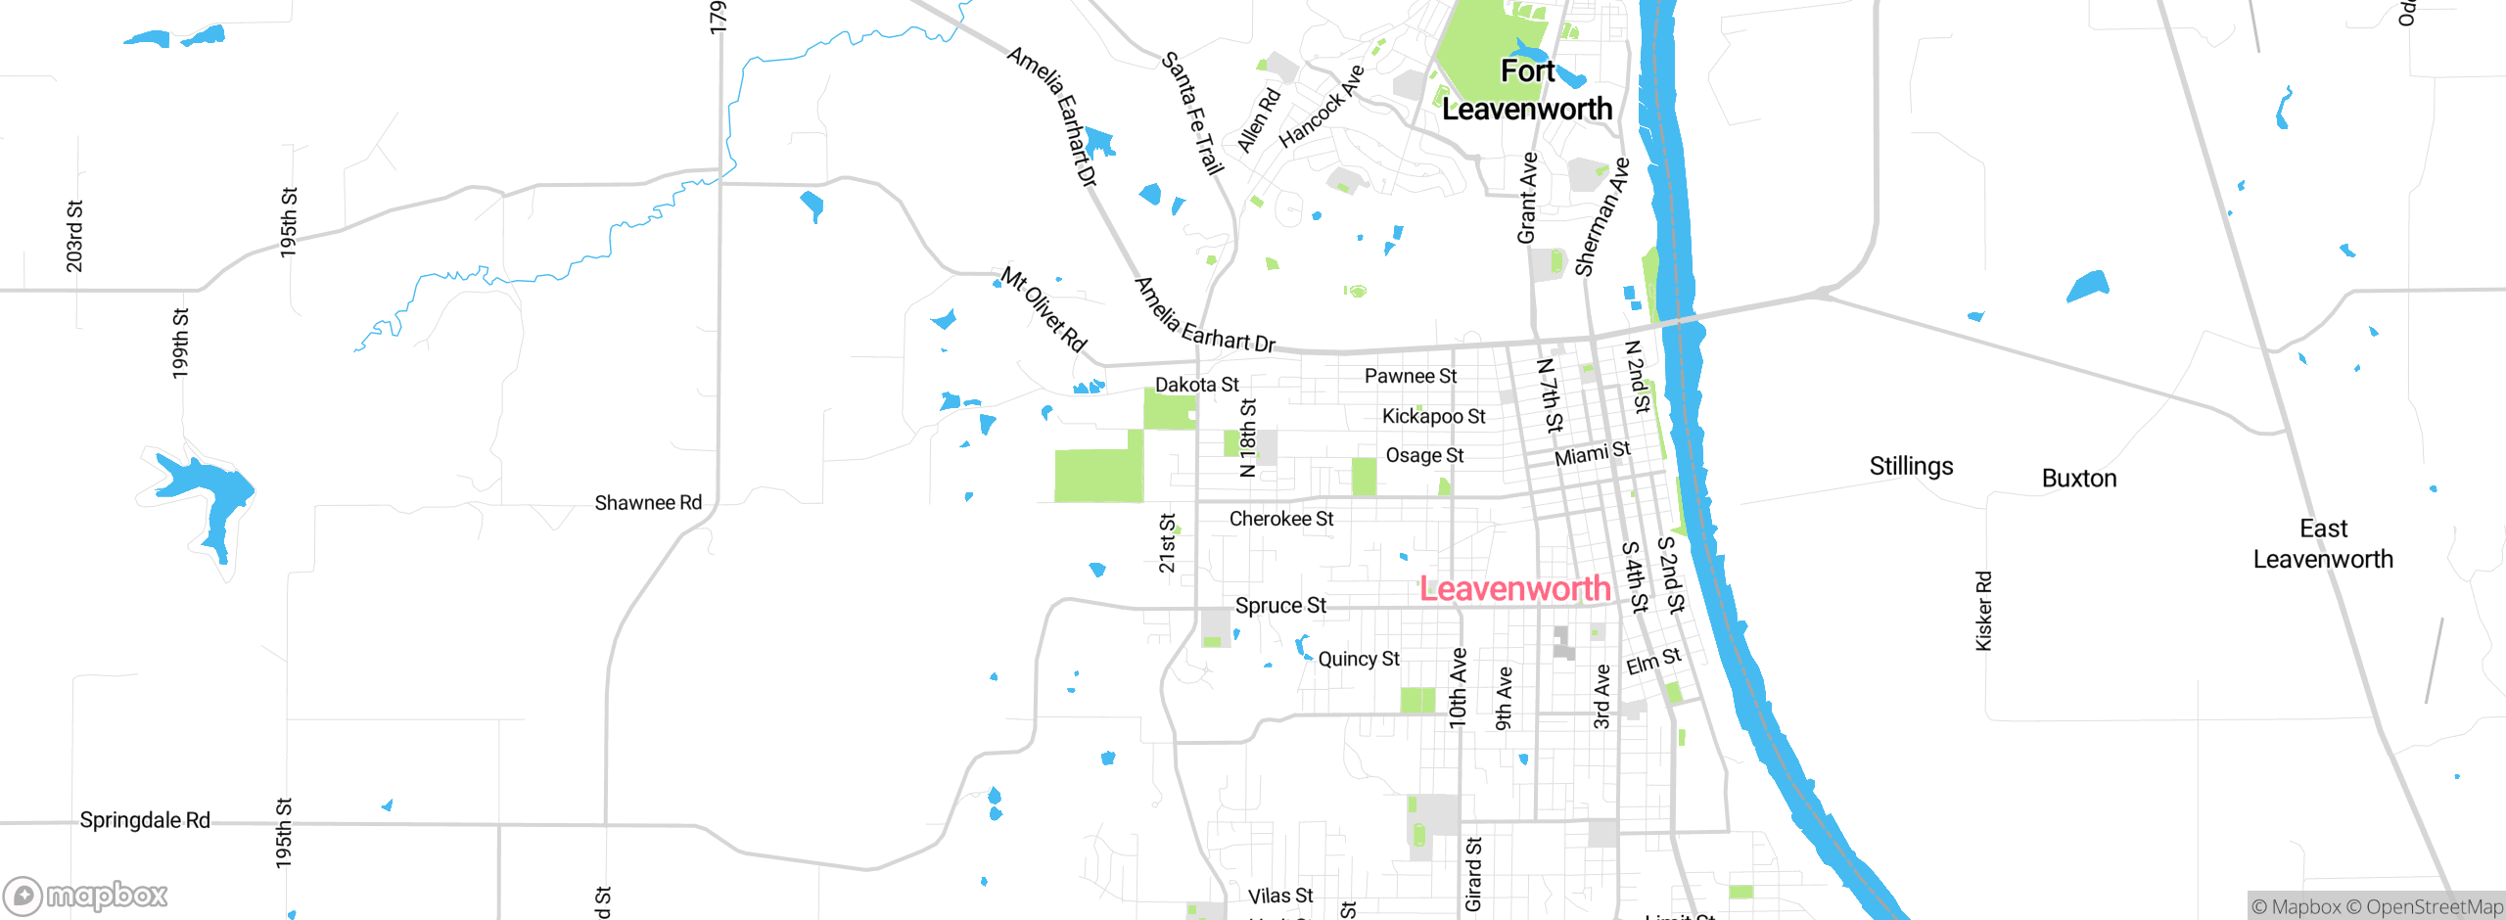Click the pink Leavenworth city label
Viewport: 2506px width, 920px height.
pyautogui.click(x=1514, y=589)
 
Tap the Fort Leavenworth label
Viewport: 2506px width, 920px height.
pyautogui.click(x=1527, y=90)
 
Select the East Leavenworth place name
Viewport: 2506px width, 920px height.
pyautogui.click(x=2323, y=544)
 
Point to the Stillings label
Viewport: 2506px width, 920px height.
pyautogui.click(x=1911, y=466)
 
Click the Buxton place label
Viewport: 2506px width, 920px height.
pyautogui.click(x=2079, y=479)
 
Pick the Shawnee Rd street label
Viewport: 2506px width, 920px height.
pyautogui.click(x=648, y=503)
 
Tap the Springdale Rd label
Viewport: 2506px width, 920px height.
pyautogui.click(x=145, y=820)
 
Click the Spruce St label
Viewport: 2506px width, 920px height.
pyautogui.click(x=1280, y=606)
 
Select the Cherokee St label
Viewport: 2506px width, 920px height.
pyautogui.click(x=1281, y=519)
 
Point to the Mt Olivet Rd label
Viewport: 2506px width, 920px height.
pyautogui.click(x=1044, y=309)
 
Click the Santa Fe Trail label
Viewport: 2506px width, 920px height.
pyautogui.click(x=1192, y=114)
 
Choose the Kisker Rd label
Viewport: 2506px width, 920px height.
pyautogui.click(x=1983, y=611)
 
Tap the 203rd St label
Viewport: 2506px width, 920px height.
pyautogui.click(x=74, y=236)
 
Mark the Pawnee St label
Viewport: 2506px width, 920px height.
pyautogui.click(x=1411, y=376)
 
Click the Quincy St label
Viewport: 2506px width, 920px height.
pyautogui.click(x=1359, y=659)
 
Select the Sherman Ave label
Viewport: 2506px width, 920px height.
pyautogui.click(x=1601, y=217)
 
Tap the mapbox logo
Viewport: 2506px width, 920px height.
pyautogui.click(x=86, y=896)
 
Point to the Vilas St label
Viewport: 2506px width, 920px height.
pyautogui.click(x=1280, y=896)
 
